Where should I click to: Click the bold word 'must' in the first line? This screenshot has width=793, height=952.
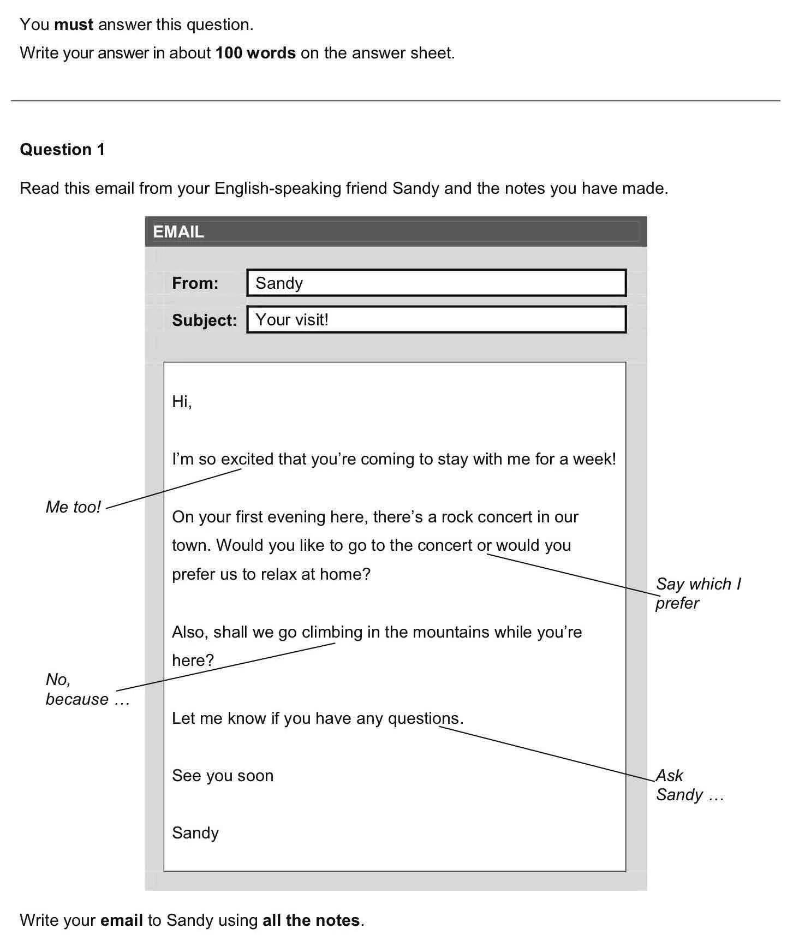pos(74,25)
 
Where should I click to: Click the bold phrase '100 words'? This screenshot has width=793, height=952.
pos(255,53)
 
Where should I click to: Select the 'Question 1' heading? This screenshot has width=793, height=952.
pos(62,150)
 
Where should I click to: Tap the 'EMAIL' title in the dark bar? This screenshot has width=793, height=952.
pos(178,232)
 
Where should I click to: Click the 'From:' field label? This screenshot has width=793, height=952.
pos(195,283)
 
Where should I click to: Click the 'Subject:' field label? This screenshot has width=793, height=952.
pos(204,320)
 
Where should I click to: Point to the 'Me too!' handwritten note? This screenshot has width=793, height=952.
pos(73,507)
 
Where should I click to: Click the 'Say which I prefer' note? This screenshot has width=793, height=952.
pos(697,593)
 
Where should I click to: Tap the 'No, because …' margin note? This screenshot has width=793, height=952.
pos(86,689)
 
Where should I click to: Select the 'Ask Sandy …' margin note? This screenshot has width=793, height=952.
pos(689,785)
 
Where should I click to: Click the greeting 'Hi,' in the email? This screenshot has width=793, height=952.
pos(182,402)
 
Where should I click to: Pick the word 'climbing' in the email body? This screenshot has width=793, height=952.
pos(332,632)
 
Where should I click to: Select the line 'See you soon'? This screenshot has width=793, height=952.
pos(223,776)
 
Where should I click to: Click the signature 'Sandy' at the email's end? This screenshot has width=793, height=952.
pos(195,833)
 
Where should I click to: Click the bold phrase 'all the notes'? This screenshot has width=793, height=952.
pos(311,920)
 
